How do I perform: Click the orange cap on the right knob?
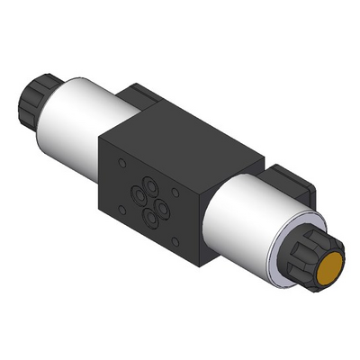(x=328, y=269)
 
